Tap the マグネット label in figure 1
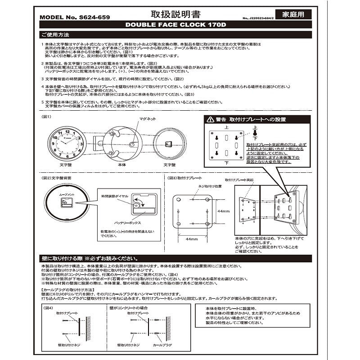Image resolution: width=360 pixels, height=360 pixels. pos(148,119)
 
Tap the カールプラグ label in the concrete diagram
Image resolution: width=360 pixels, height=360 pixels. pos(161,344)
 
